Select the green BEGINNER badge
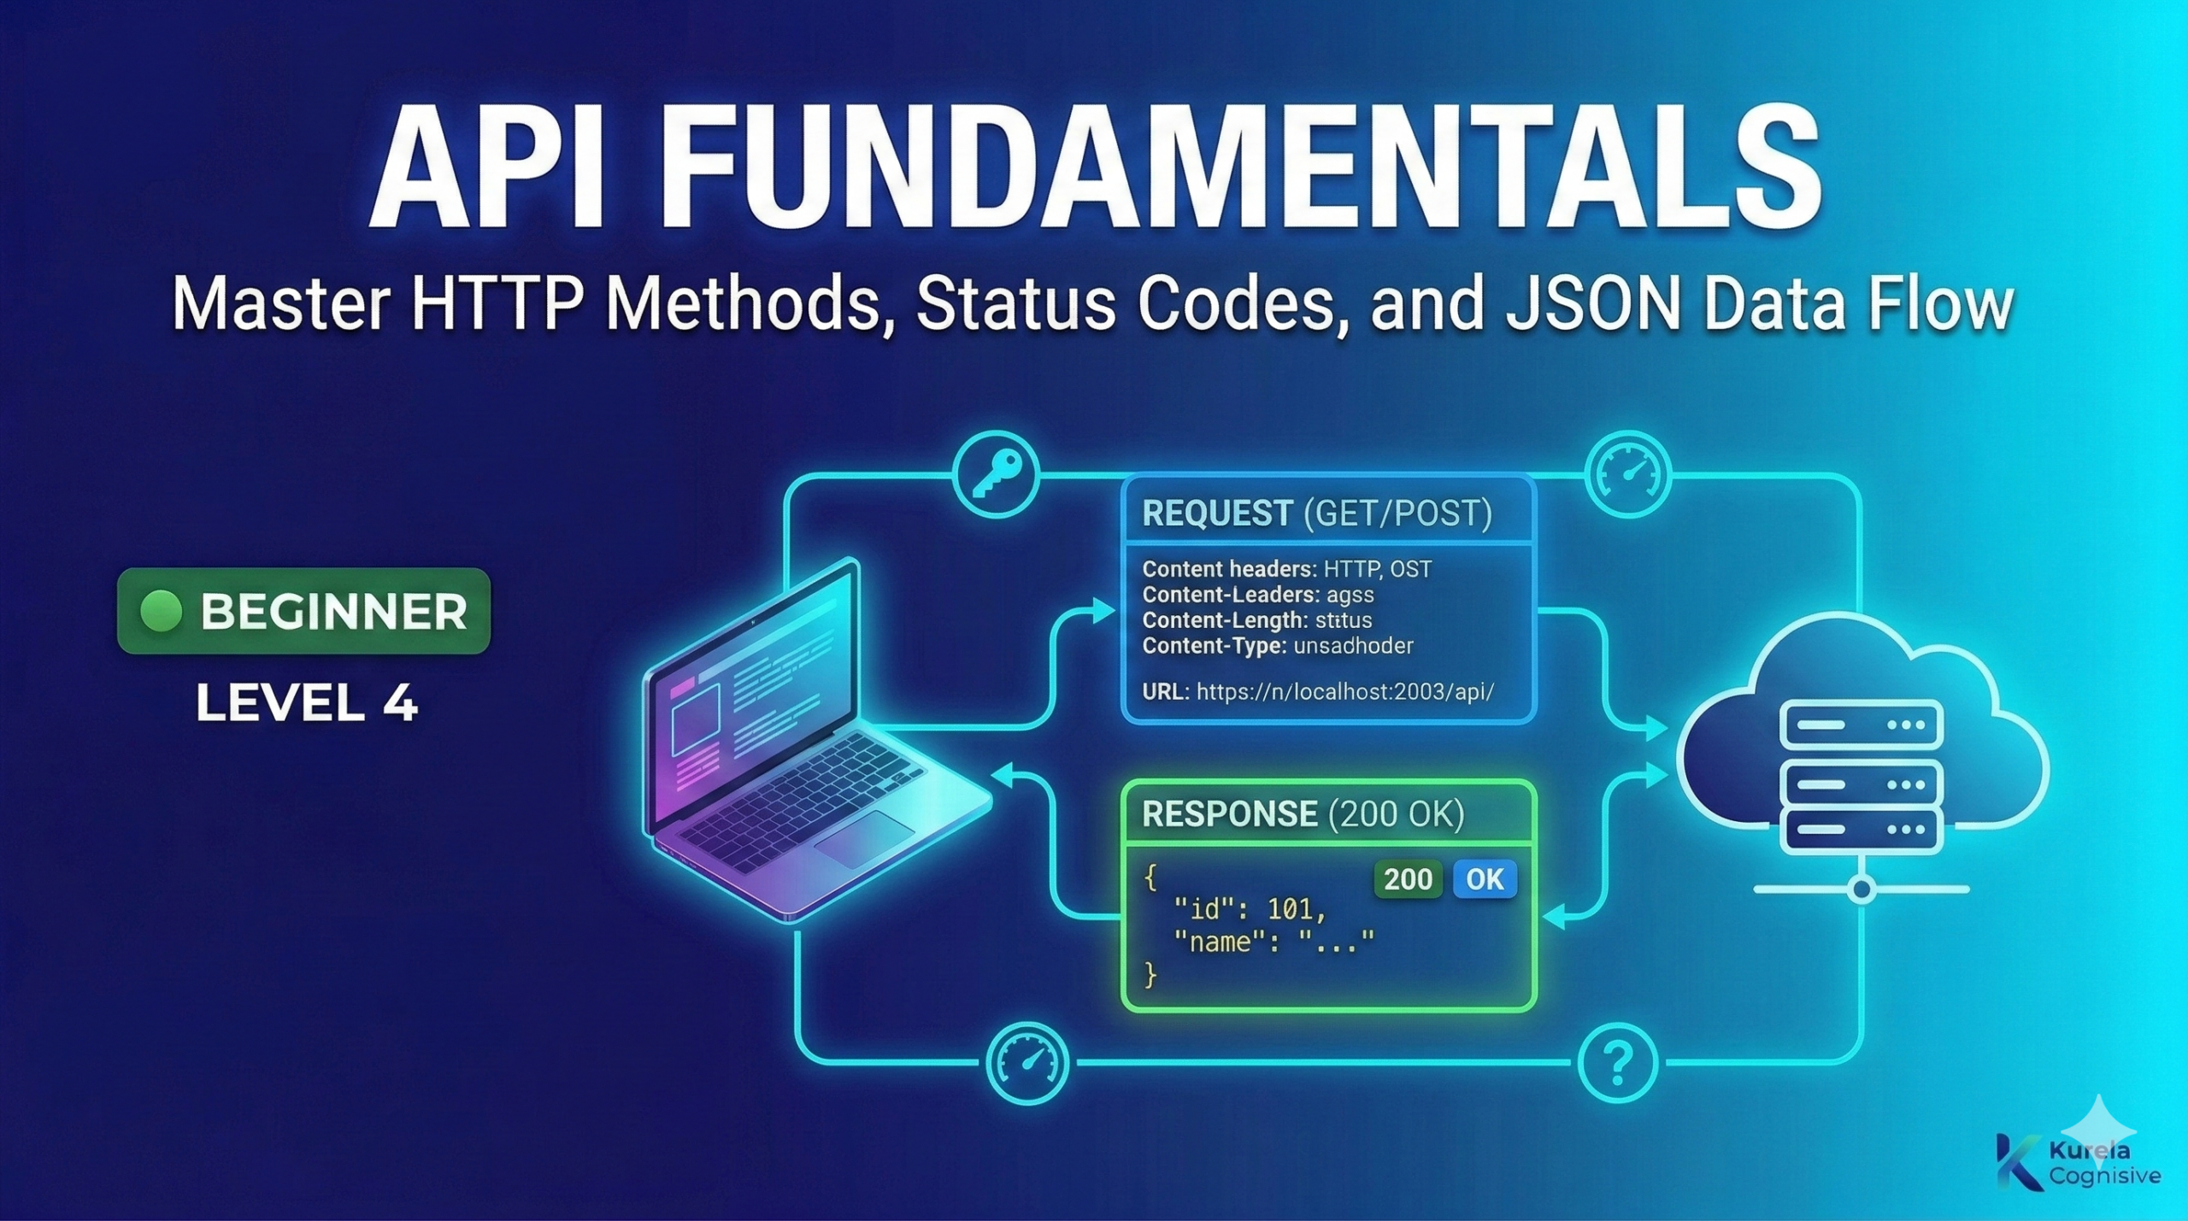tap(304, 611)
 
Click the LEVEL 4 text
tap(306, 704)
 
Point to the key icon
tap(997, 475)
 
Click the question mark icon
tap(1617, 1063)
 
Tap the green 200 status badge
tap(1408, 879)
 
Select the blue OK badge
tap(1485, 879)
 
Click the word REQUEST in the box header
tap(1217, 514)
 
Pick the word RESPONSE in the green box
tap(1229, 814)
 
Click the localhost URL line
tap(1318, 691)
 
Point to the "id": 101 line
tap(1250, 910)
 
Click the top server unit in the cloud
tap(1861, 725)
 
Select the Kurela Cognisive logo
tap(2078, 1162)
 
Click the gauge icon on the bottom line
tap(1026, 1063)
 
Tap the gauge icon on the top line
tap(1627, 475)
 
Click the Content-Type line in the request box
tap(1277, 646)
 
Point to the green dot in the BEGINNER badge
tap(161, 611)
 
